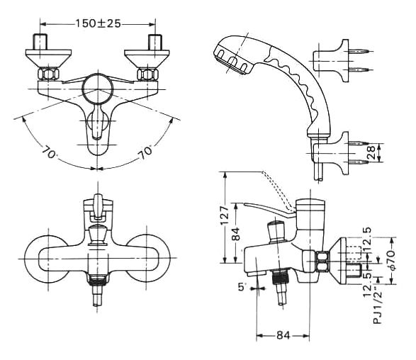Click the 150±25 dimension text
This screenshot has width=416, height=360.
point(99,23)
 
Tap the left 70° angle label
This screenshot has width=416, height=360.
point(49,152)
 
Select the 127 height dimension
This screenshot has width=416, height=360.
point(225,215)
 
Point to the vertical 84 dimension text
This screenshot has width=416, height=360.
point(235,234)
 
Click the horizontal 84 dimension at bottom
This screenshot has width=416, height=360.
point(283,335)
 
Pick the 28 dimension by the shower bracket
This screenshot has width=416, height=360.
point(371,152)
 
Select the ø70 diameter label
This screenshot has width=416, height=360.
point(391,260)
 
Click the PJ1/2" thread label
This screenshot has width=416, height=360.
point(378,308)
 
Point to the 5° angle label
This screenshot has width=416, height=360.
point(242,286)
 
